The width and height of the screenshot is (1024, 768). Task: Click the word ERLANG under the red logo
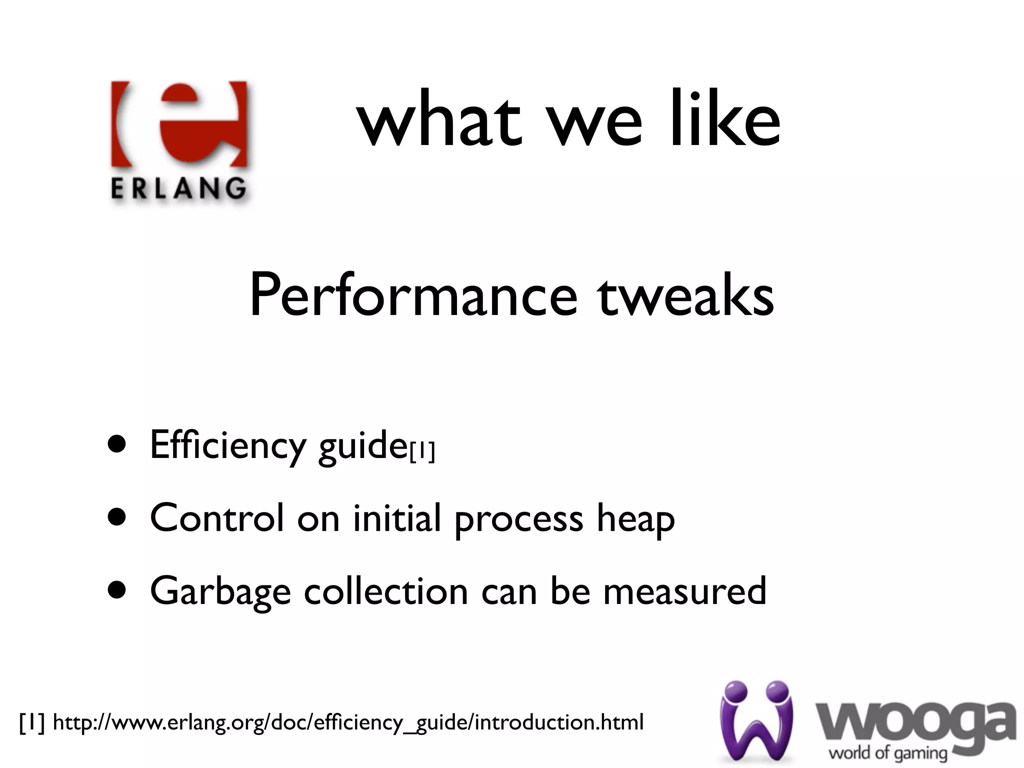pos(178,189)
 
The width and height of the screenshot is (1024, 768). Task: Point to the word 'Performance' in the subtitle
pos(413,296)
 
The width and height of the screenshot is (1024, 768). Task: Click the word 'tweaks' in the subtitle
pos(685,296)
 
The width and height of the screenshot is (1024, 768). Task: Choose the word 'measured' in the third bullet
pos(684,591)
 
